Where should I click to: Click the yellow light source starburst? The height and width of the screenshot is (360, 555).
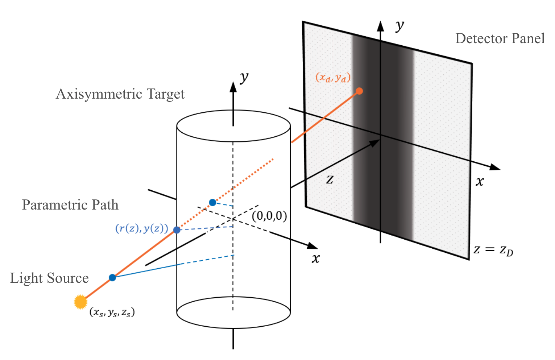pyautogui.click(x=80, y=302)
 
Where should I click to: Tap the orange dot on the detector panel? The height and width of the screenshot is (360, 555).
pyautogui.click(x=359, y=91)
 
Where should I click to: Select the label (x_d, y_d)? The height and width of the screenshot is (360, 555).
pyautogui.click(x=333, y=78)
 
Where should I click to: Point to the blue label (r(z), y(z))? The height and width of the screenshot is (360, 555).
pyautogui.click(x=142, y=229)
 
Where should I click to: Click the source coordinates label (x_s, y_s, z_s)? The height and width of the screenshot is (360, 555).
pyautogui.click(x=112, y=312)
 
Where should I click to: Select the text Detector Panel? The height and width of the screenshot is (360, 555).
pyautogui.click(x=500, y=38)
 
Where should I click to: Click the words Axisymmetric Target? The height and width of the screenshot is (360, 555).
pyautogui.click(x=120, y=94)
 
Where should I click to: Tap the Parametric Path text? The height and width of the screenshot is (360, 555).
pyautogui.click(x=70, y=205)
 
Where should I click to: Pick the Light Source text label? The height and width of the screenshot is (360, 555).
pyautogui.click(x=49, y=278)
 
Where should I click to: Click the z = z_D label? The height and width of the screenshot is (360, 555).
pyautogui.click(x=493, y=250)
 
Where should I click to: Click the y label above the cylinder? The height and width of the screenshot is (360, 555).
pyautogui.click(x=244, y=77)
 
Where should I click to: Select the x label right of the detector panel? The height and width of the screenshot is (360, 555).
pyautogui.click(x=479, y=181)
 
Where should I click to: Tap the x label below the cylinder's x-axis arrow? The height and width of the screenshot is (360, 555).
pyautogui.click(x=316, y=258)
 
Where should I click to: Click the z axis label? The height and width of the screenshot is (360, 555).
pyautogui.click(x=330, y=179)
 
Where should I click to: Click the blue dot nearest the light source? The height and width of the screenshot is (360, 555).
pyautogui.click(x=112, y=278)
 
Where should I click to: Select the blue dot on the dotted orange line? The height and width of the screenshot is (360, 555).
pyautogui.click(x=212, y=202)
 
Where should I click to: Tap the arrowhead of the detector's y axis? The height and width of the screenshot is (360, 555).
pyautogui.click(x=380, y=26)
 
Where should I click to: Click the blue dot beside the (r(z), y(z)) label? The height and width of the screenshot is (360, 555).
pyautogui.click(x=177, y=230)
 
